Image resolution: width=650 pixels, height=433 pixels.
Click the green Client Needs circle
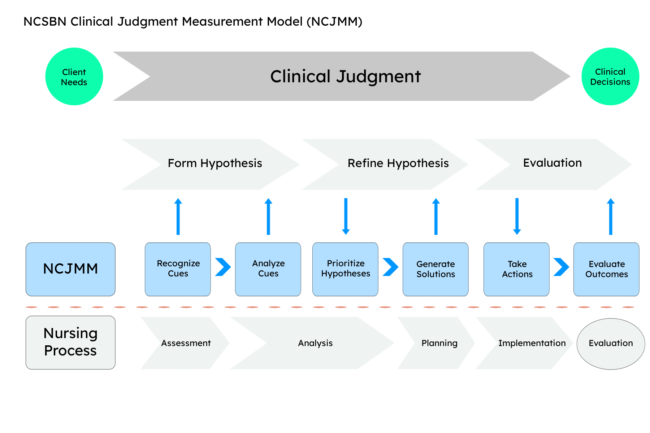click(74, 76)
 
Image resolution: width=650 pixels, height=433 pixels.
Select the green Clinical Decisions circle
click(610, 76)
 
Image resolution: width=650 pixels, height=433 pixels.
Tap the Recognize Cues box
click(178, 269)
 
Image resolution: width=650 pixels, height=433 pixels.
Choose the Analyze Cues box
click(268, 269)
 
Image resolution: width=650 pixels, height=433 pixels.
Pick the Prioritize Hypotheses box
click(345, 269)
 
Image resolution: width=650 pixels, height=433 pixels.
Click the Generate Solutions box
click(435, 269)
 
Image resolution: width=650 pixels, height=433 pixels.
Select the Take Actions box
click(516, 269)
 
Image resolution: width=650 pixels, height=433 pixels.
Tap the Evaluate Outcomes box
click(606, 269)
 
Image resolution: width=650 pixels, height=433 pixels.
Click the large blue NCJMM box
click(70, 269)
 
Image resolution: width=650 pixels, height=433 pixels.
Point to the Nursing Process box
click(70, 342)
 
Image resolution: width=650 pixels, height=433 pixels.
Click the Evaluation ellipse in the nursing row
click(611, 344)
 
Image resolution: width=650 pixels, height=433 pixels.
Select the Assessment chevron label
click(186, 343)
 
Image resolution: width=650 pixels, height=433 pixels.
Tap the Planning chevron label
click(439, 343)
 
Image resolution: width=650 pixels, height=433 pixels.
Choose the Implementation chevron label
click(532, 343)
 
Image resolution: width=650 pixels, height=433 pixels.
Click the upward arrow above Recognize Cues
click(178, 216)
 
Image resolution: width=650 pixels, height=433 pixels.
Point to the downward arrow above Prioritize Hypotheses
click(346, 216)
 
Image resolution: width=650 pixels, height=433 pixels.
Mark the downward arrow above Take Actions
click(517, 216)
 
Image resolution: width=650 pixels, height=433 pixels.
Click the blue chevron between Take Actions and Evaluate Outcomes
click(562, 267)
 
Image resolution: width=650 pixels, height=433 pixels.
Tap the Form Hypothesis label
click(215, 163)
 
